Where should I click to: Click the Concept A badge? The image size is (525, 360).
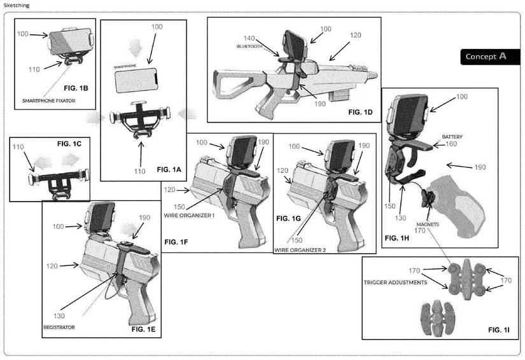point(486,56)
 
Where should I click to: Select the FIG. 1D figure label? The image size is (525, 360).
point(363,111)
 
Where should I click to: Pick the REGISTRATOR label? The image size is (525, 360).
point(59,327)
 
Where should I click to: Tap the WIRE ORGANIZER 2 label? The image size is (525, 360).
point(300,250)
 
